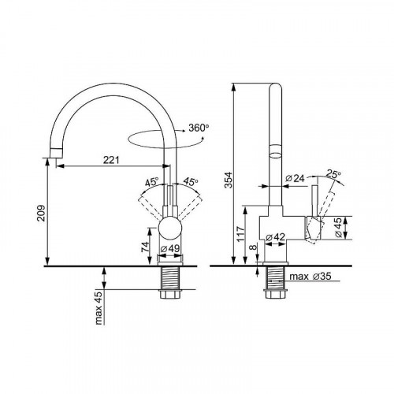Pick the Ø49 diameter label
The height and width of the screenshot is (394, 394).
173,250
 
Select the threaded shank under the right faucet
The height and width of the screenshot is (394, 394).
276,281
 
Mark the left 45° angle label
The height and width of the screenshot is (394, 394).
151,183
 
